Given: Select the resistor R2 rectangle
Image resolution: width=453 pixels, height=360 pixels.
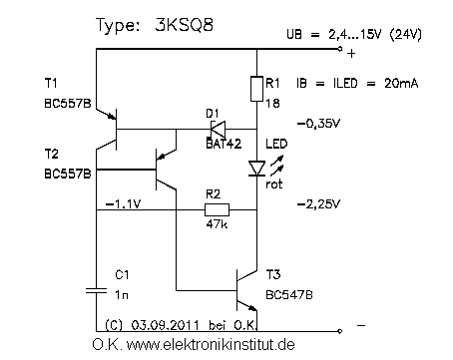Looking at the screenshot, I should [217, 209].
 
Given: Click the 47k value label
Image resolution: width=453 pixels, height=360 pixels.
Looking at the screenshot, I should [216, 225].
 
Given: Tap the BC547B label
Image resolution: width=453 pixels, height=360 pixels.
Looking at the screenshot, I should [289, 296].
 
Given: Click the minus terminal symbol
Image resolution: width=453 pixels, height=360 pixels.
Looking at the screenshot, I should [359, 325].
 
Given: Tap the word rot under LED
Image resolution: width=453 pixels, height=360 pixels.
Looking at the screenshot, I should [276, 182].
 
